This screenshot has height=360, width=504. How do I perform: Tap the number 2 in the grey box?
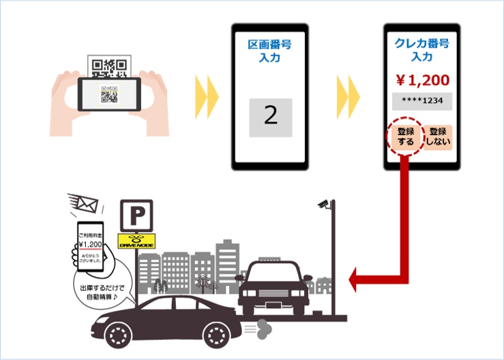(x=270, y=116)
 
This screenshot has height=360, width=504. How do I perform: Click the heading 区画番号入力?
(x=270, y=52)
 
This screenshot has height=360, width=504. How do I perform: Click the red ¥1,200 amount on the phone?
(x=421, y=80)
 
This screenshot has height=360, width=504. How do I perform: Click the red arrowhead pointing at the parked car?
(x=355, y=277)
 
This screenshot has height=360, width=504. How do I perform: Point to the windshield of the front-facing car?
(x=277, y=278)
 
